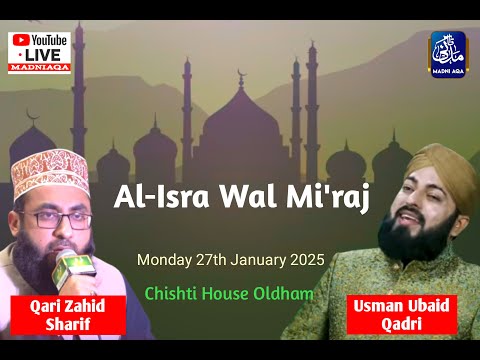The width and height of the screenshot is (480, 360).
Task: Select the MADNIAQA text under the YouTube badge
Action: pyautogui.click(x=39, y=68)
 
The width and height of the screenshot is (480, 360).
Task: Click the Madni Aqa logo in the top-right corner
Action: pyautogui.click(x=447, y=52)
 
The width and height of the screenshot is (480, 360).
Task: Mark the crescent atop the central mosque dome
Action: pyautogui.click(x=240, y=76)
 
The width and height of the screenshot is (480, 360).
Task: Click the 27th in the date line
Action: pyautogui.click(x=211, y=260)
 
